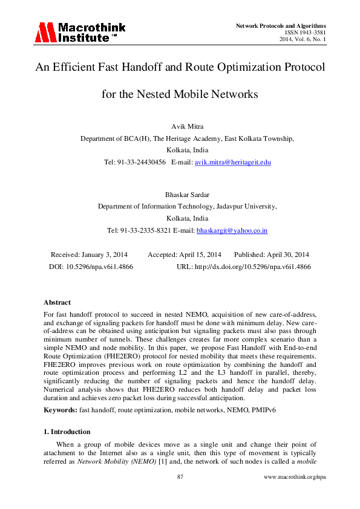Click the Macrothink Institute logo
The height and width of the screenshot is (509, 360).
point(74,32)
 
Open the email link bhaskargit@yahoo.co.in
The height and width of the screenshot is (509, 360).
point(232,230)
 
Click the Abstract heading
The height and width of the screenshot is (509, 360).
point(57,302)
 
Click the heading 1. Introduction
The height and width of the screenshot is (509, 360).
point(67,432)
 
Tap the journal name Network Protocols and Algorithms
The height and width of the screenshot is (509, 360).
point(280,25)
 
